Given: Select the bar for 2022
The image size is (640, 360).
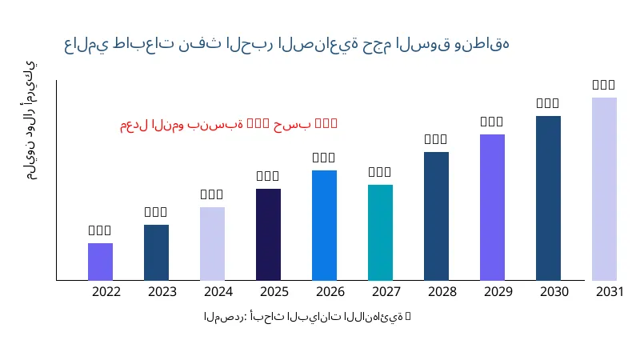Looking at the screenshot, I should coord(100,262).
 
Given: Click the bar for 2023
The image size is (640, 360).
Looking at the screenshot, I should coord(156,252).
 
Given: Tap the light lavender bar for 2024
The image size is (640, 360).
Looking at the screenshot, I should coord(212,243).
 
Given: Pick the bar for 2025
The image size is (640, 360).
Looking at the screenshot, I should coord(268,234).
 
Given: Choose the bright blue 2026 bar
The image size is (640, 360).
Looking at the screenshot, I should coord(324,225).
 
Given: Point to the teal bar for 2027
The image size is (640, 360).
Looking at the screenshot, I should coord(380,232).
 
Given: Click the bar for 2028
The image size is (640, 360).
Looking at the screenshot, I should coord(436,216).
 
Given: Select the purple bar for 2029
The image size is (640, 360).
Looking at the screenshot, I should coord(492,207).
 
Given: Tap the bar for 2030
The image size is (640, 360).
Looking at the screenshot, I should coord(548,198).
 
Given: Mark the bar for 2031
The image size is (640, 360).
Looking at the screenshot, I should coord(604,189).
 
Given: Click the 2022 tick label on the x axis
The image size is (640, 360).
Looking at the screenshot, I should coord(106,291).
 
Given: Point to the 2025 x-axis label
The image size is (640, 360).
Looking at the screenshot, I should coord(274,291).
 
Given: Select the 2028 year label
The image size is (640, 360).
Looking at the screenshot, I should coord(442,291).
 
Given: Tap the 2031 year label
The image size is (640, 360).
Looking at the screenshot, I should coord(610,291).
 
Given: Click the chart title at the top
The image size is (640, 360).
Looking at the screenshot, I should coord(286,44).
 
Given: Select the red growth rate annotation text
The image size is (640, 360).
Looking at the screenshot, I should coord(229,124).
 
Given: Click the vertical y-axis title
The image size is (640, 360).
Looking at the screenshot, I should coord(30,120).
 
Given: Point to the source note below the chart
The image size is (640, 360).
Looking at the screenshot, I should coord(307,317).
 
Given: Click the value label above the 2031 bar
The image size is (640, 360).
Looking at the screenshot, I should coord(603,84).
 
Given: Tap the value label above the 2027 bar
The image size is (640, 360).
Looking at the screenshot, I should coord(379,171).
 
